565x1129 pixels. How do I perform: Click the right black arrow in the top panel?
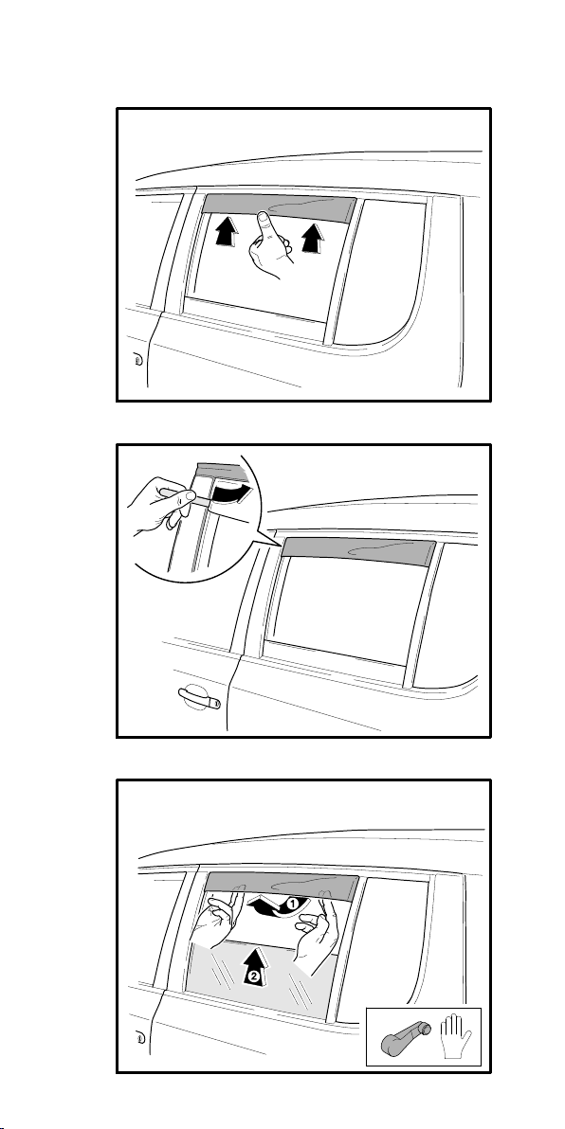click(311, 236)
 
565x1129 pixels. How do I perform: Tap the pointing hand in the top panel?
click(269, 246)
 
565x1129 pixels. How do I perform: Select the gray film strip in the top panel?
click(278, 208)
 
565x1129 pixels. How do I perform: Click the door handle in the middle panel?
click(197, 696)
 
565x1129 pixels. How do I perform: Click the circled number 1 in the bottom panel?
click(293, 903)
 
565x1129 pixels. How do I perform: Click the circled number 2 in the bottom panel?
click(253, 977)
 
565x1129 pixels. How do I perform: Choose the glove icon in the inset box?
click(457, 1034)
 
